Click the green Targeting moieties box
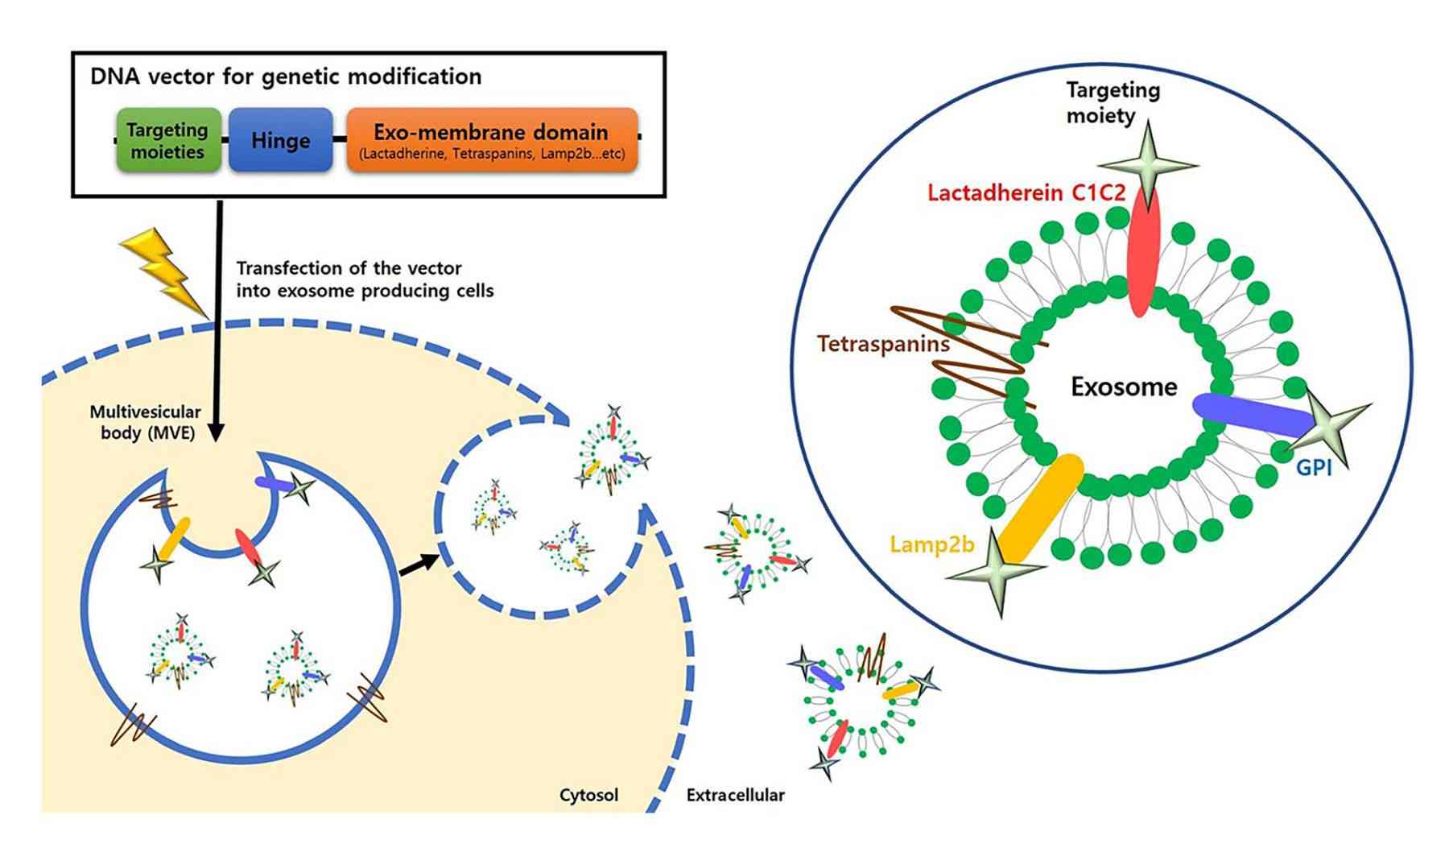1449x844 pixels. pyautogui.click(x=168, y=140)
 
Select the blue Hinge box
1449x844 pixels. pyautogui.click(x=280, y=140)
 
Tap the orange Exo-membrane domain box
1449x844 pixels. pyautogui.click(x=492, y=140)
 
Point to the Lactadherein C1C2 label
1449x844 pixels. pyautogui.click(x=1026, y=193)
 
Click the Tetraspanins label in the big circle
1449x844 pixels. pyautogui.click(x=883, y=344)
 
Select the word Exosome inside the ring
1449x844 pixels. pyautogui.click(x=1123, y=387)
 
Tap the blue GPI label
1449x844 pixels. pyautogui.click(x=1313, y=467)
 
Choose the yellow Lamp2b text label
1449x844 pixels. pyautogui.click(x=931, y=544)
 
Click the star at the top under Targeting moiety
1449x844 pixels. pyautogui.click(x=1146, y=165)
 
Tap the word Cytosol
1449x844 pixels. pyautogui.click(x=588, y=795)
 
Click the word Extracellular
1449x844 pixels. pyautogui.click(x=734, y=795)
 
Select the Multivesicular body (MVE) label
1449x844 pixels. pyautogui.click(x=145, y=422)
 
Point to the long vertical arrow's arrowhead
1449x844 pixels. pyautogui.click(x=217, y=432)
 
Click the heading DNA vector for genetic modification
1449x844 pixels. pyautogui.click(x=286, y=77)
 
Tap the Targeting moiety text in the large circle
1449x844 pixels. pyautogui.click(x=1112, y=102)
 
